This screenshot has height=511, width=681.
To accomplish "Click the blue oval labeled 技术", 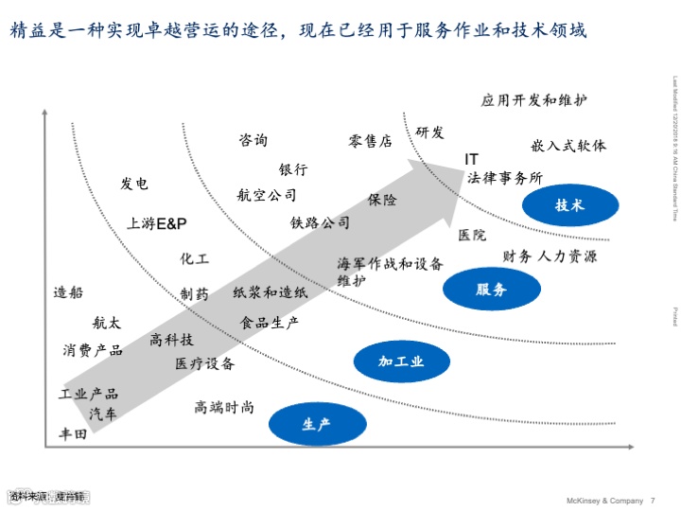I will tap(569, 205).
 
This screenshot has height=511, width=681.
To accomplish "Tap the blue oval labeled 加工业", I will tap(401, 361).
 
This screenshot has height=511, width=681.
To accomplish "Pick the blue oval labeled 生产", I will tap(317, 424).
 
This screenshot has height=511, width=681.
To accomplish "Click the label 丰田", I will tap(73, 434).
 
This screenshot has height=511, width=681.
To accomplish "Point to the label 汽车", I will tap(104, 414).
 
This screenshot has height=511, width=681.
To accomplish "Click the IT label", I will tap(471, 159).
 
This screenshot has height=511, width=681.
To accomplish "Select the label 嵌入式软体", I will tap(568, 146).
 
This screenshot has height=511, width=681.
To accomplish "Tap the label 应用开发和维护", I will tap(533, 100).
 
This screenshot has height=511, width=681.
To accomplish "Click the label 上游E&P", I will tap(157, 223).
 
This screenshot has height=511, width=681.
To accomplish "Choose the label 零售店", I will tap(370, 142).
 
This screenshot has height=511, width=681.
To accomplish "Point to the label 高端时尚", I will tap(224, 407).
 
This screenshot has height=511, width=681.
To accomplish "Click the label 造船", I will tap(68, 292).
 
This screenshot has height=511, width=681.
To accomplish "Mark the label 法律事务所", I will tap(505, 178).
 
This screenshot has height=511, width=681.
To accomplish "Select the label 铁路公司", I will tap(320, 223).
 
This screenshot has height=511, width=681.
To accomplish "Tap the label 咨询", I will tap(253, 140).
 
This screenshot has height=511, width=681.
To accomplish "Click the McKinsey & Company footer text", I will tap(603, 500).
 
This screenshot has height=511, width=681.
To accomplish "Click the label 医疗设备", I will tap(204, 363).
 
